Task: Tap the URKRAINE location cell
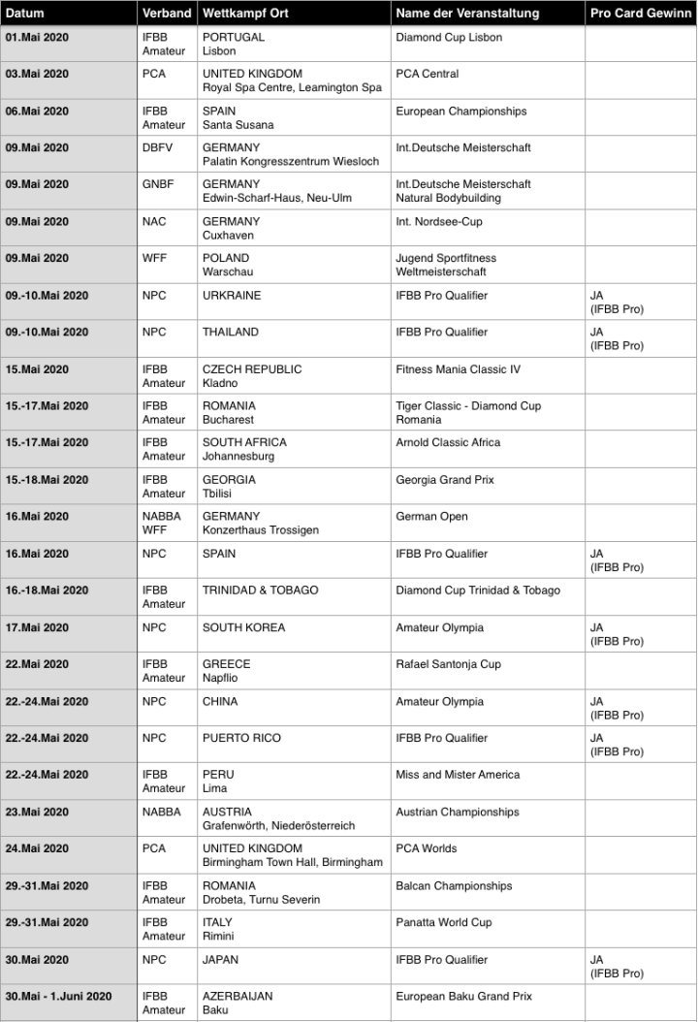232,295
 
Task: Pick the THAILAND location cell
231,332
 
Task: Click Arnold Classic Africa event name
448,442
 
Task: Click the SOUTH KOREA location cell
243,627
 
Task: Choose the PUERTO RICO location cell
241,738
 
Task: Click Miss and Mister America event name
458,775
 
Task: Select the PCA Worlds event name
426,848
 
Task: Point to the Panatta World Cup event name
443,922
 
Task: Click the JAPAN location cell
222,959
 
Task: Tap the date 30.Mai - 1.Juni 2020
58,996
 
